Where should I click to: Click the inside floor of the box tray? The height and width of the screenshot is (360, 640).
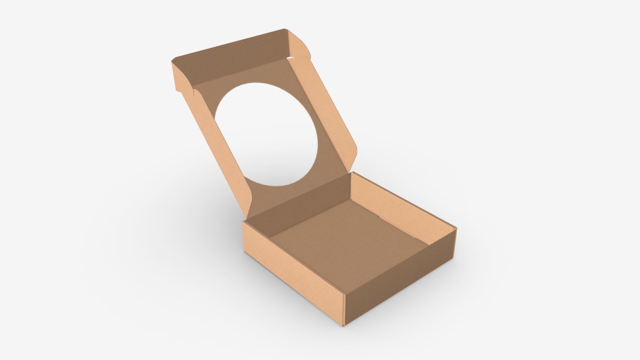[347, 240]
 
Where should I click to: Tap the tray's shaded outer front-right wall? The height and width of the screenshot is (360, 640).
[400, 277]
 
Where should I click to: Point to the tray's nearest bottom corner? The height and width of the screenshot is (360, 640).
[345, 325]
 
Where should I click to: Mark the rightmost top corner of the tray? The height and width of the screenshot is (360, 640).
[456, 228]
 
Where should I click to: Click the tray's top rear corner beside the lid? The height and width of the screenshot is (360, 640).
[352, 173]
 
